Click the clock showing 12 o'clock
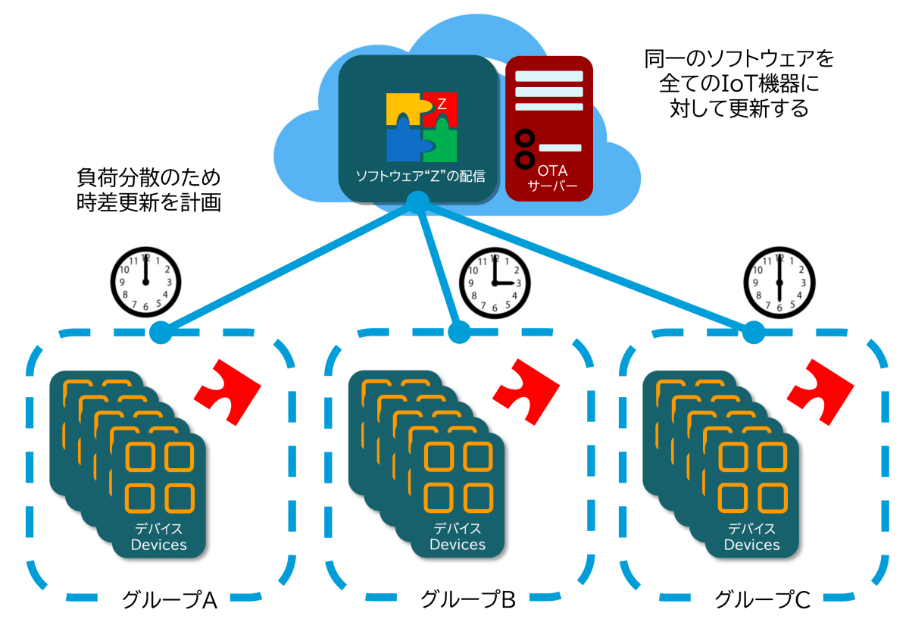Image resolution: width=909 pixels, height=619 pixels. [146, 280]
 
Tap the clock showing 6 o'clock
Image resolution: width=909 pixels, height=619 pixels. [779, 281]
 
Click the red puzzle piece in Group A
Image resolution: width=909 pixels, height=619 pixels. [226, 386]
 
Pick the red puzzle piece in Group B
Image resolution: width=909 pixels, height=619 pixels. [525, 386]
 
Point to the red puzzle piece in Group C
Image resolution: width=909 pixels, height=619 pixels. [819, 386]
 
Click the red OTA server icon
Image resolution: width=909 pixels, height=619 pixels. [548, 128]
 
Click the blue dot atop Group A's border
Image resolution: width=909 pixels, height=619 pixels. [161, 331]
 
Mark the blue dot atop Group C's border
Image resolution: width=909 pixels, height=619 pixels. [753, 331]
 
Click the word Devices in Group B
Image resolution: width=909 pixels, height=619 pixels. [458, 544]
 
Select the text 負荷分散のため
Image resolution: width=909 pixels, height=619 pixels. [148, 178]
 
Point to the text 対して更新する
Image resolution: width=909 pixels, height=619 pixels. [739, 108]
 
